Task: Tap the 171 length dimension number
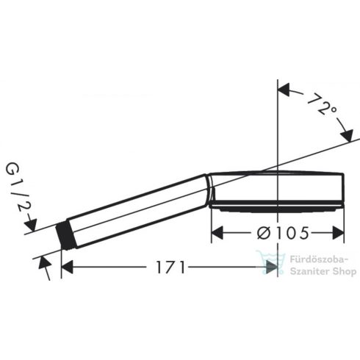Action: click(x=170, y=268)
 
